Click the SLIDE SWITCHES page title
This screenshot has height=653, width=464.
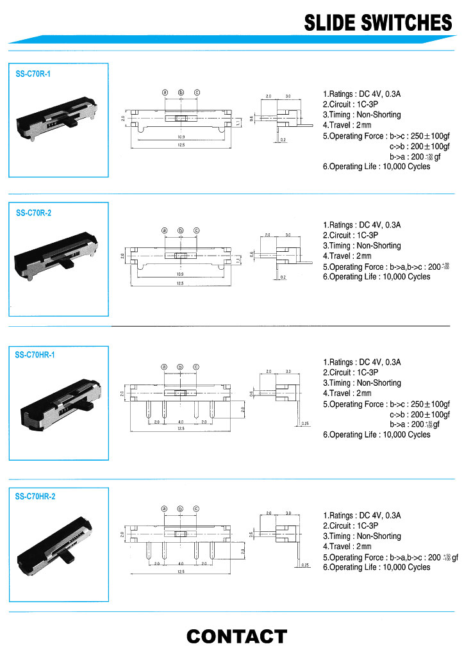pos(377,23)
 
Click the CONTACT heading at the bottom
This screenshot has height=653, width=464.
pos(236,636)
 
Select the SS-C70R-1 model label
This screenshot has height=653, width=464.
pos(33,74)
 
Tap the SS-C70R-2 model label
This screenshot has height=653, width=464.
pos(33,213)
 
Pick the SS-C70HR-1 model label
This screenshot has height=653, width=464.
pos(35,354)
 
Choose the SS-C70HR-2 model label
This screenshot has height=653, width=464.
pos(35,496)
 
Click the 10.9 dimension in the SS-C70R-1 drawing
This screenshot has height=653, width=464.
pos(181,136)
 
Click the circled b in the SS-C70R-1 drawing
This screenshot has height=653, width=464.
pos(181,92)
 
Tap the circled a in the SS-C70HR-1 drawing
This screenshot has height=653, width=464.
pos(164,367)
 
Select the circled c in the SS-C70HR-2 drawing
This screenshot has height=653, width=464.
pos(196,509)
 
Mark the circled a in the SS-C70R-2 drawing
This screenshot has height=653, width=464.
pos(164,231)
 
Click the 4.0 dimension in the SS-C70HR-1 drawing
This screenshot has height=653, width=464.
pos(181,422)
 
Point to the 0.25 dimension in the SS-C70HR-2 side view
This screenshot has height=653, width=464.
pos(305,565)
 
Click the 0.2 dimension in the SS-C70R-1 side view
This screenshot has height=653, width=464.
pos(283,139)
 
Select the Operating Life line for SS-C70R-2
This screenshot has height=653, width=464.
pos(376,277)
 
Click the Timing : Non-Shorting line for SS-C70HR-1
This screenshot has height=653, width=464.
pos(361,383)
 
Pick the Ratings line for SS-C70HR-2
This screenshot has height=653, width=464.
pos(361,515)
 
